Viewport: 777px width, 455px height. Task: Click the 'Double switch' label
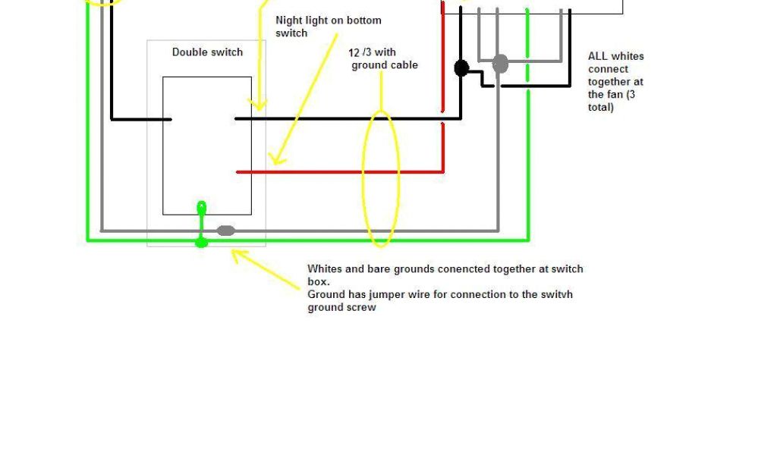pyautogui.click(x=207, y=52)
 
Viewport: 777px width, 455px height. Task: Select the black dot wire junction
pyautogui.click(x=461, y=68)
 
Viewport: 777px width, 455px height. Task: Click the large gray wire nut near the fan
pyautogui.click(x=500, y=64)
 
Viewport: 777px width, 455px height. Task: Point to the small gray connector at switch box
pyautogui.click(x=226, y=231)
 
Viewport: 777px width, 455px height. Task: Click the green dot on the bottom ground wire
pyautogui.click(x=201, y=243)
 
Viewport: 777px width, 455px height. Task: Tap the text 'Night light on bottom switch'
pyautogui.click(x=328, y=27)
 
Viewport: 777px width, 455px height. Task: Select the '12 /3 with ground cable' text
pyautogui.click(x=384, y=58)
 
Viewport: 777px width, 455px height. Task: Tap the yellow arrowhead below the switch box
pyautogui.click(x=237, y=255)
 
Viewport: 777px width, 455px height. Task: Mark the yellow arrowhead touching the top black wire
pyautogui.click(x=259, y=105)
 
